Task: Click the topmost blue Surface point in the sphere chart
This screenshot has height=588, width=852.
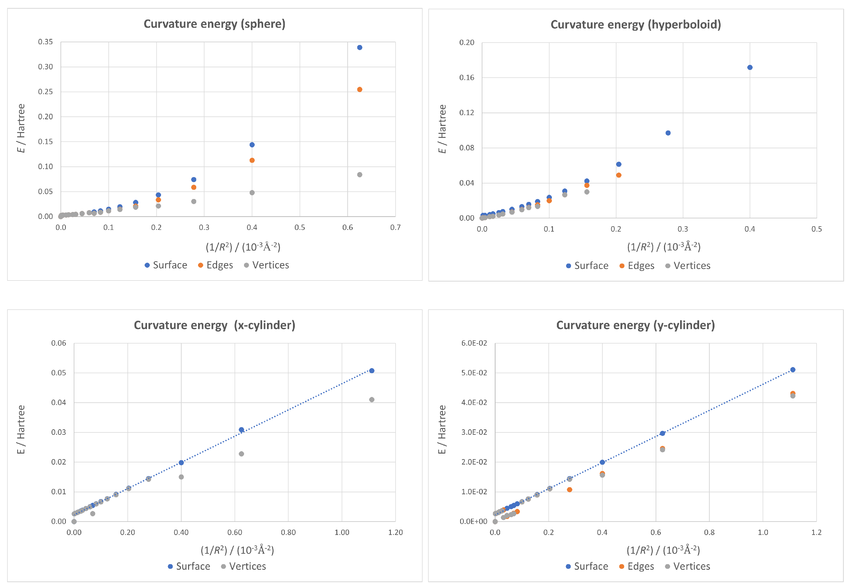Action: pos(360,48)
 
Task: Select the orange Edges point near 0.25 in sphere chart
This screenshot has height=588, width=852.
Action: pos(360,89)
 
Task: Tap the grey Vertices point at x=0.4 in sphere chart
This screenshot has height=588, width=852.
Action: pos(252,193)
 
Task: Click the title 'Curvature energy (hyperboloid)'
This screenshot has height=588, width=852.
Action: pos(635,25)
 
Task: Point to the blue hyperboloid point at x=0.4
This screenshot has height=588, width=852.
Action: pos(750,67)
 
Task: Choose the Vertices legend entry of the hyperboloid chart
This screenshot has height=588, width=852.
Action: pos(688,266)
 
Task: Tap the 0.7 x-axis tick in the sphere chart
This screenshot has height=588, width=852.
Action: pos(395,228)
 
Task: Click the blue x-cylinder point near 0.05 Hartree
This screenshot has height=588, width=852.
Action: pos(372,371)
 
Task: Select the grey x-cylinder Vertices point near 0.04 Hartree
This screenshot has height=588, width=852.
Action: pos(372,400)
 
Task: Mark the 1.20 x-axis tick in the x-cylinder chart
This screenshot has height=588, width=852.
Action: pos(395,532)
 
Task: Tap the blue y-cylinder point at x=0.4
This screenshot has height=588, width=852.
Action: pos(602,462)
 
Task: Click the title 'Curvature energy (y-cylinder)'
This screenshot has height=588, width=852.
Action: pos(635,325)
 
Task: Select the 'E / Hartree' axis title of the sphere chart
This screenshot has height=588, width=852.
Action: pos(21,128)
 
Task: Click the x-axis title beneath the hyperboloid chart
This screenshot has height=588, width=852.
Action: pos(663,247)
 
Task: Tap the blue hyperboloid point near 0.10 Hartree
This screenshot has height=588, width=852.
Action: pos(668,133)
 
